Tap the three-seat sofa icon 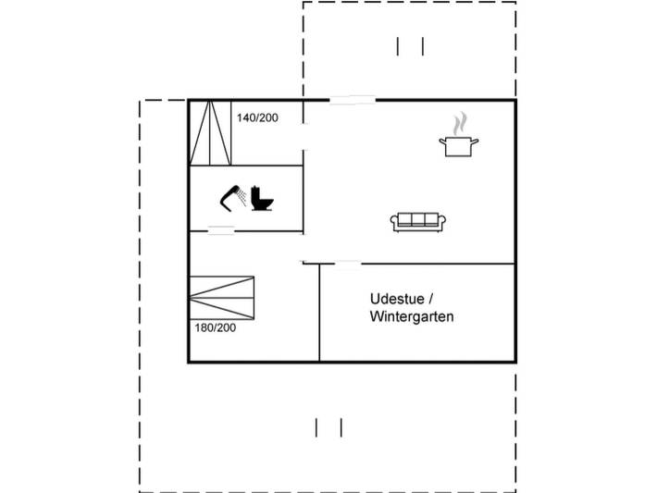417,222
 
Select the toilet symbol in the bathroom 262,198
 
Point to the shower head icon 233,196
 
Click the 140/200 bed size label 257,117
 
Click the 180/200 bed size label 215,327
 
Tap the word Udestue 397,299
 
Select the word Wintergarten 412,316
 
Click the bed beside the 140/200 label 210,133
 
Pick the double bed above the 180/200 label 222,298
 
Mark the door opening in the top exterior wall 353,100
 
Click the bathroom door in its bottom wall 221,231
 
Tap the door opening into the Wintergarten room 348,264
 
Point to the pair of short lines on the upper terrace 410,46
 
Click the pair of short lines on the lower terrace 328,427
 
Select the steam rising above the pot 460,123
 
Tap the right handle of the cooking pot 475,142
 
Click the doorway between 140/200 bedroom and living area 304,137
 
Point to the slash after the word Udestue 430,299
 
